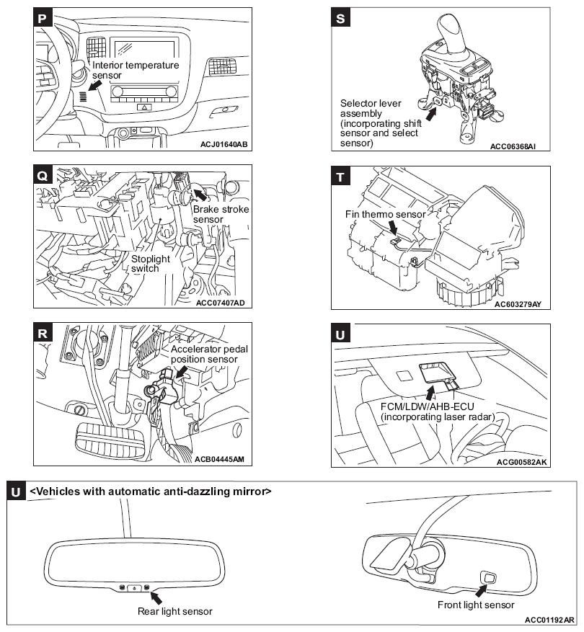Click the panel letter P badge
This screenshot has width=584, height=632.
(x=43, y=18)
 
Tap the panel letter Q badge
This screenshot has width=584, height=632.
(x=43, y=176)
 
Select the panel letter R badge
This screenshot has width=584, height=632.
(x=43, y=333)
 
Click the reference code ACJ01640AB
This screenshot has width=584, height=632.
(x=224, y=145)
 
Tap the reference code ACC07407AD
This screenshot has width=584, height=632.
(x=224, y=302)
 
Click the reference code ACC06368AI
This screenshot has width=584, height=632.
(x=518, y=147)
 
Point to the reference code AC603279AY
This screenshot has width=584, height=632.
(x=518, y=304)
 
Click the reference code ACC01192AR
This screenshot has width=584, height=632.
(x=549, y=620)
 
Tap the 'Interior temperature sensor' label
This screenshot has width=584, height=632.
(x=136, y=70)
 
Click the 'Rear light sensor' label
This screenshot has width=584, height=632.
(x=175, y=611)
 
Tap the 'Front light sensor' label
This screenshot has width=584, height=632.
(x=476, y=605)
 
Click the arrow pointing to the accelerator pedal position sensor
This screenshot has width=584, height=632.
(x=181, y=371)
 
